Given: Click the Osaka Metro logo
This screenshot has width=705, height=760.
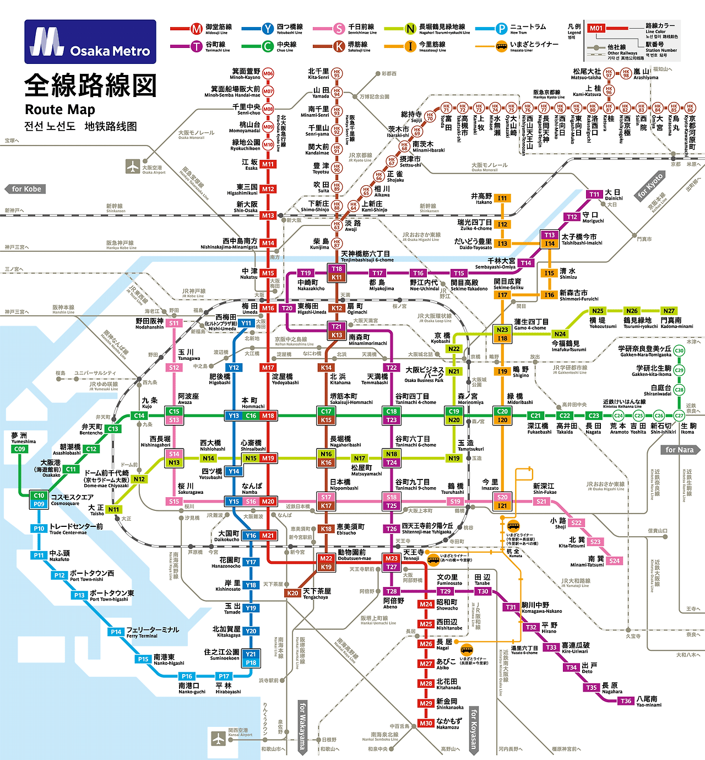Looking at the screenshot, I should click(90, 42).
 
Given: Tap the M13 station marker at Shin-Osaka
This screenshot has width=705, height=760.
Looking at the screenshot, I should click(268, 215).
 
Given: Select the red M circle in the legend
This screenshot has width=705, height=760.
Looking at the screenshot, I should click(197, 29).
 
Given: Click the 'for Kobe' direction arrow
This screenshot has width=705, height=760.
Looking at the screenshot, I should click(25, 189).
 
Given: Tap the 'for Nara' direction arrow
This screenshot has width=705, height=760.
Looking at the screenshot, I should click(680, 450).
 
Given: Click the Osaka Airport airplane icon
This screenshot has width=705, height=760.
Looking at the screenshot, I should click(133, 166).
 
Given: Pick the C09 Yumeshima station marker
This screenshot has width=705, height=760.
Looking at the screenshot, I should click(20, 449).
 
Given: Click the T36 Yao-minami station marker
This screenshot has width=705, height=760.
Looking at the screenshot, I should click(626, 701).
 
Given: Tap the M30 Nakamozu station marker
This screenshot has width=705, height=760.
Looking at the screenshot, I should click(426, 723).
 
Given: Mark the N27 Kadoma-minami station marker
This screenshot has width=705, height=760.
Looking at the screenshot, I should click(669, 311).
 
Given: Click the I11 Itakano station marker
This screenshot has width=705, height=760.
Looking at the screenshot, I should click(502, 198).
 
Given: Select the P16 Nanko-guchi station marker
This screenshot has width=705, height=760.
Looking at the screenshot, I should click(187, 676).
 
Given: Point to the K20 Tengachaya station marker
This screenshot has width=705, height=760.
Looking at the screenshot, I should click(292, 593).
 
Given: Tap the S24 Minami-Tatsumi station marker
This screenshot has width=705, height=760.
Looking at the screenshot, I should click(615, 560).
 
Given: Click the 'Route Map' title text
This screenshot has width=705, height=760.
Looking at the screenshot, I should click(60, 109).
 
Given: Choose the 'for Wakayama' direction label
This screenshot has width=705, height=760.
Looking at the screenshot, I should click(302, 726).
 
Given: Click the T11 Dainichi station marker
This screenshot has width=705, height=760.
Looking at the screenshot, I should click(595, 194).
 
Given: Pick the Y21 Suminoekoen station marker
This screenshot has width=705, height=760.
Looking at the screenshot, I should click(251, 654).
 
